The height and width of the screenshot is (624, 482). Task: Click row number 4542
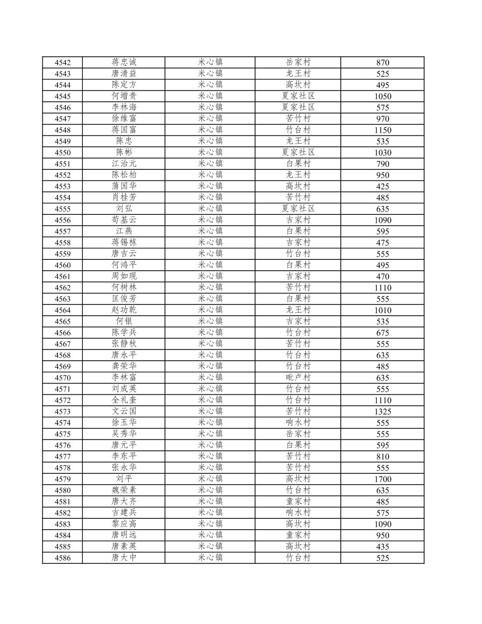point(62,62)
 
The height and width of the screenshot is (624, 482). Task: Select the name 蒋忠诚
point(124,62)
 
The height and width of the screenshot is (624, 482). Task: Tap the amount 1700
point(383,479)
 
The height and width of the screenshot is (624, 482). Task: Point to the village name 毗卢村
point(298,378)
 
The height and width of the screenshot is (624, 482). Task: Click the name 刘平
point(124,479)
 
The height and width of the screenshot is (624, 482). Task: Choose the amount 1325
point(383,411)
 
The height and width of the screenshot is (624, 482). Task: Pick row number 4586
point(62,558)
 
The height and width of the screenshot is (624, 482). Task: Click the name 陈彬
point(124,152)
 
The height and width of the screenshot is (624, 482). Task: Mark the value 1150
point(383,130)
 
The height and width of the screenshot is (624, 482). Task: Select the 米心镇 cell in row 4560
point(210,265)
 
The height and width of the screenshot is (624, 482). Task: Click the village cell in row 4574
point(298,423)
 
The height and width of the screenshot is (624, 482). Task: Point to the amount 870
point(383,62)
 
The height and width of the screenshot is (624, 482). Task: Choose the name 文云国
point(124,411)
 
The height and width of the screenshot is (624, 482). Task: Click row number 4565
point(62,321)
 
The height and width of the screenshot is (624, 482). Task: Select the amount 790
point(383,164)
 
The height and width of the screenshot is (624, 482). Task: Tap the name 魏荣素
point(124,490)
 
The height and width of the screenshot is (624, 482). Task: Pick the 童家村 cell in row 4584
point(298,535)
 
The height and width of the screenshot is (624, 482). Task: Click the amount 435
point(383,547)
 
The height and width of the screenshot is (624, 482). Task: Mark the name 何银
point(124,321)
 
